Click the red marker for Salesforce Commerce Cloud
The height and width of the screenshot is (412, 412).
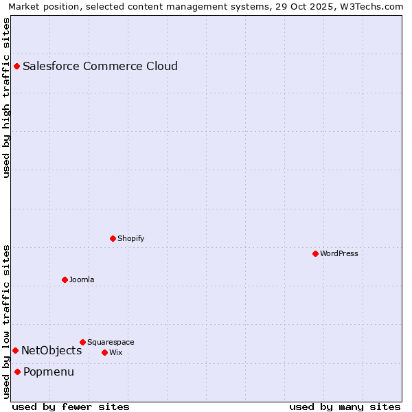click(17, 67)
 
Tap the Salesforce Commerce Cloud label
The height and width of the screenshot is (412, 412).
click(100, 67)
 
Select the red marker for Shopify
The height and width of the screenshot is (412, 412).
click(113, 238)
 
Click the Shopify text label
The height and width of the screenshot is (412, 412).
click(131, 239)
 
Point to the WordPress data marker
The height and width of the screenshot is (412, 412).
click(316, 253)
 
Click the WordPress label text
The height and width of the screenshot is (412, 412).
click(339, 254)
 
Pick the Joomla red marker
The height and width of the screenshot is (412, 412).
click(65, 279)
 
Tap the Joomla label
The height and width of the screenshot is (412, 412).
click(82, 280)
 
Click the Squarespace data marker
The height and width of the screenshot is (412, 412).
click(83, 342)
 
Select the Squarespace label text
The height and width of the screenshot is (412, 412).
click(111, 343)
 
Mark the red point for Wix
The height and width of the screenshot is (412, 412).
click(105, 352)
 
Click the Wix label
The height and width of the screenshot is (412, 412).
click(116, 353)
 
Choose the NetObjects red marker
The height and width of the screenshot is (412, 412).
click(16, 351)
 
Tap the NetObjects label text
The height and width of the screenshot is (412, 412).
click(51, 351)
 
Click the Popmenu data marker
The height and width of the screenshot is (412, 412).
click(18, 372)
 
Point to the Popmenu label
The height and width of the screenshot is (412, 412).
click(49, 372)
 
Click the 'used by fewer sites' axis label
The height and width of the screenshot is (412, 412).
click(71, 407)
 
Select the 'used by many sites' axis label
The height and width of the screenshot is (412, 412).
click(345, 407)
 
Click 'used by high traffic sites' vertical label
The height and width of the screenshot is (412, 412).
click(6, 98)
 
